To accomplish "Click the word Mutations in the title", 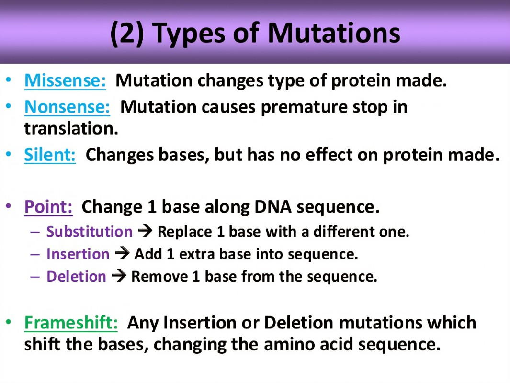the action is pyautogui.click(x=334, y=33).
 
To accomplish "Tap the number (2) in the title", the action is pyautogui.click(x=127, y=34).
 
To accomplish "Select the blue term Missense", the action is pyautogui.click(x=65, y=80).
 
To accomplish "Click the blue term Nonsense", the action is pyautogui.click(x=67, y=107).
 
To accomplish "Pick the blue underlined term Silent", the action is pyautogui.click(x=50, y=155).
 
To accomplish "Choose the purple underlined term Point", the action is pyautogui.click(x=48, y=207).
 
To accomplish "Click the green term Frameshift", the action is pyautogui.click(x=71, y=323).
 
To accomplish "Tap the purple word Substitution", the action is pyautogui.click(x=90, y=232).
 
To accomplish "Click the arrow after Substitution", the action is pyautogui.click(x=145, y=231).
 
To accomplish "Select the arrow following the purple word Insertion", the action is pyautogui.click(x=122, y=254).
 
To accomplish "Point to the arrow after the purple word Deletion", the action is pyautogui.click(x=119, y=276).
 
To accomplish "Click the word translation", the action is pyautogui.click(x=71, y=128).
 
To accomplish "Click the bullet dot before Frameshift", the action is pyautogui.click(x=9, y=322).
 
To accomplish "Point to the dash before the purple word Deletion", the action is pyautogui.click(x=35, y=277).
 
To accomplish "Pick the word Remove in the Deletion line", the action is pyautogui.click(x=159, y=277).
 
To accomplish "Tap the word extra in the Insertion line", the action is pyautogui.click(x=197, y=254).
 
